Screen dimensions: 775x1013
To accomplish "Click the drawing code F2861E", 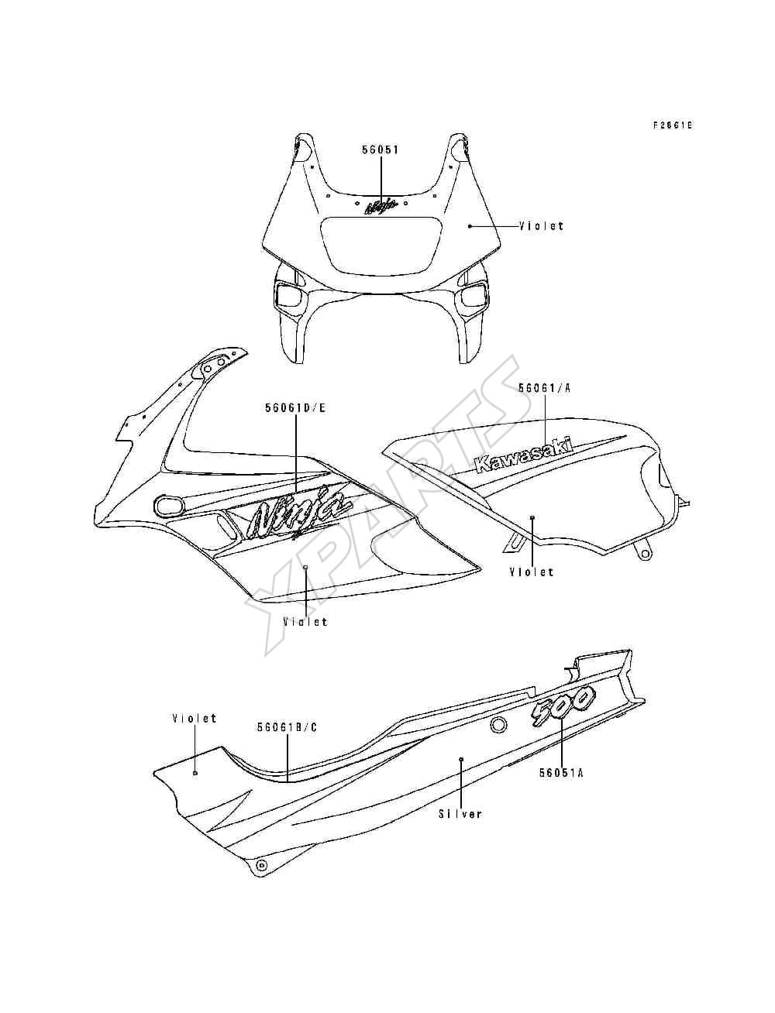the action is coord(673,125).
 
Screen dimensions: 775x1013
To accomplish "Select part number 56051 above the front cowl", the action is coord(380,150).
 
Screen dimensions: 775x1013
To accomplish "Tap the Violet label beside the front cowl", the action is coord(541,226).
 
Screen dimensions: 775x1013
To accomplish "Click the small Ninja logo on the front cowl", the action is coord(381,206).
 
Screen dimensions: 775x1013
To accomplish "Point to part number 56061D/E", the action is coord(295,408).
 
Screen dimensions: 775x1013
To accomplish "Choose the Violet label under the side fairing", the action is coord(305,622).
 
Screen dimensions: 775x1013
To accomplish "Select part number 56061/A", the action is coord(545,387).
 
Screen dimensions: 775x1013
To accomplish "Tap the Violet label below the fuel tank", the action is coord(532,572).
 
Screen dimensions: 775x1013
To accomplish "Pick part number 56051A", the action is coord(561,772).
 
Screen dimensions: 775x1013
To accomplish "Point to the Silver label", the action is coord(460,814).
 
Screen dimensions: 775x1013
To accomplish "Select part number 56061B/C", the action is coord(288,727).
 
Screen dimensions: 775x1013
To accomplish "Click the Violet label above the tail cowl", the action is coord(195,719).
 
